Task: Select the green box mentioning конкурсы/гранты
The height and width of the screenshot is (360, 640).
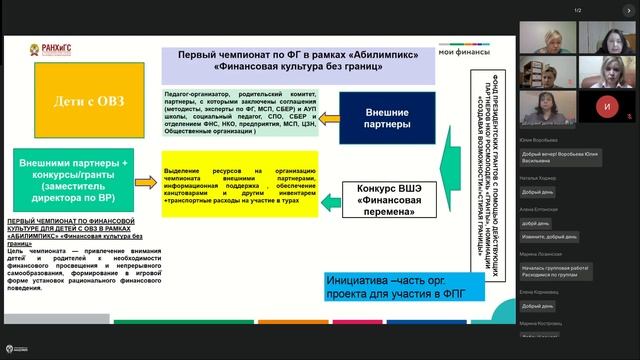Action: click(x=75, y=176)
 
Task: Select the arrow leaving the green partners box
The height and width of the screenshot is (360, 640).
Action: click(x=146, y=180)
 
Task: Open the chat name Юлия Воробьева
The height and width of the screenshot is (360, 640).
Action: click(x=539, y=139)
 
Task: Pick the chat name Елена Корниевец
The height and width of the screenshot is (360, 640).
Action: click(x=539, y=291)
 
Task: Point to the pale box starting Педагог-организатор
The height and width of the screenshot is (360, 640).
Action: click(x=239, y=111)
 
